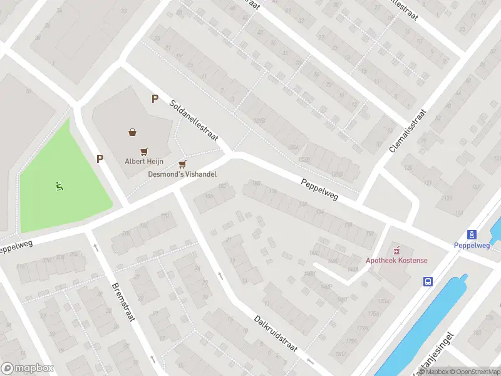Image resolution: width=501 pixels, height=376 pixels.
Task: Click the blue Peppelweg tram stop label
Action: (472, 245)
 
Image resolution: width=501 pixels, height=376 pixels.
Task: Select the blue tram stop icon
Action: (472, 235)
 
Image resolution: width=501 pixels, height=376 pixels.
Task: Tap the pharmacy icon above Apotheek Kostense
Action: (395, 249)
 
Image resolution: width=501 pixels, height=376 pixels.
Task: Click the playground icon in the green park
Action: (59, 185)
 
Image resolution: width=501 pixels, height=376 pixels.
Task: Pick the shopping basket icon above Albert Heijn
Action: (133, 132)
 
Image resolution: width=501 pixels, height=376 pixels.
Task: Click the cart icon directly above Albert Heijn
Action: (145, 151)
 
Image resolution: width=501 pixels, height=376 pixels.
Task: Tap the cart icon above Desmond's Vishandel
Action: (182, 164)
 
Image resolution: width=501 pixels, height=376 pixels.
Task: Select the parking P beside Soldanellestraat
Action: (155, 98)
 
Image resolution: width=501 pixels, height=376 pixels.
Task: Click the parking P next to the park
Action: (100, 159)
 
